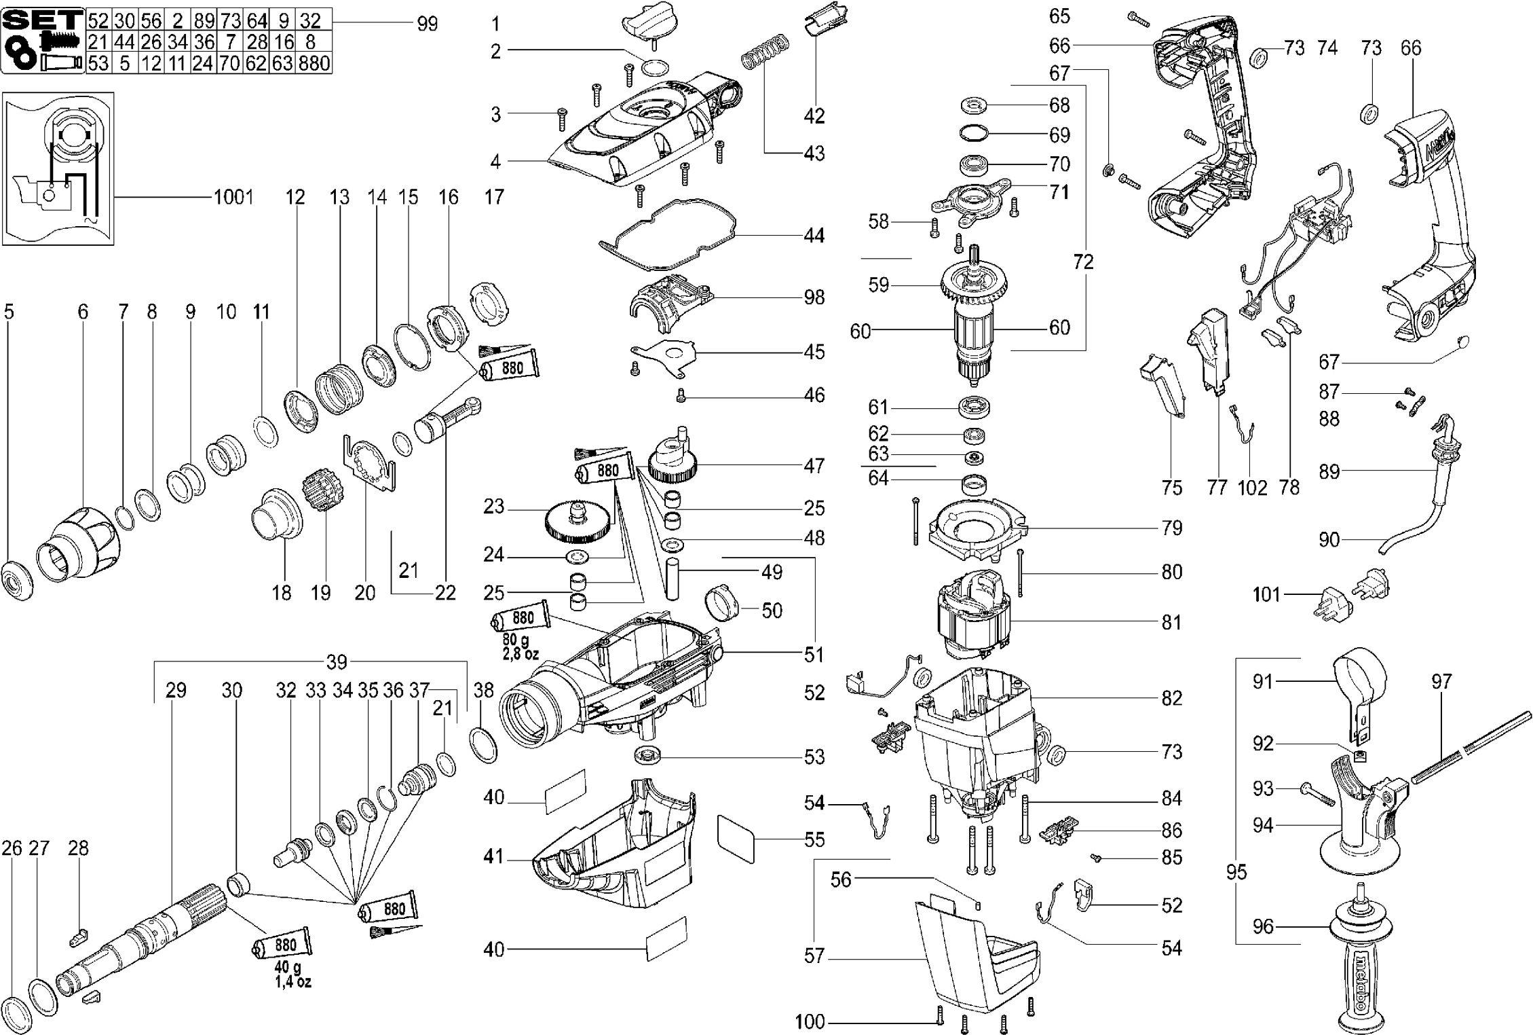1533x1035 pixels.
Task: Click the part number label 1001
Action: [x=233, y=198]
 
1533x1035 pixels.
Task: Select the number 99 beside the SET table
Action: [x=427, y=24]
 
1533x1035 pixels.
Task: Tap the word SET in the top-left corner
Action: [x=43, y=18]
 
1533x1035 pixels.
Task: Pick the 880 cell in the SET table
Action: [x=314, y=64]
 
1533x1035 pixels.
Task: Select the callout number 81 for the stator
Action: [x=1171, y=622]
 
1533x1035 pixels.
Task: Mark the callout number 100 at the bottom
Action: [x=810, y=1021]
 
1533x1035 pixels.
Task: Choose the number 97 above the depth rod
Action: [x=1441, y=681]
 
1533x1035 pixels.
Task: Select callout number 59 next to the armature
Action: [x=878, y=285]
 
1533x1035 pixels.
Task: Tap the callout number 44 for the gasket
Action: [x=814, y=236]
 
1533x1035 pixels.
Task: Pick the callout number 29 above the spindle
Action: [x=176, y=690]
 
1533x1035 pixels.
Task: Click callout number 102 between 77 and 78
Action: [x=1252, y=488]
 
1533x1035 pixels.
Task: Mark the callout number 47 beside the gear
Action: [x=814, y=466]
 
